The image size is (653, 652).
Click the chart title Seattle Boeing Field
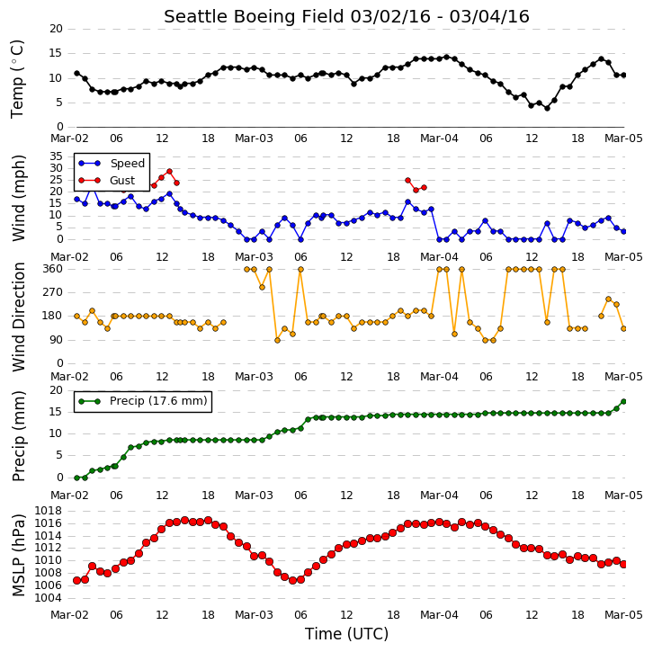tap(255, 17)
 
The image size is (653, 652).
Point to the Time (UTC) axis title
tap(346, 634)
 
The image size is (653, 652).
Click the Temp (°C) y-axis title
tap(17, 79)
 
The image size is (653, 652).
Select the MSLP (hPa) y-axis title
tap(19, 555)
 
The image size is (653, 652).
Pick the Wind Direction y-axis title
tap(19, 317)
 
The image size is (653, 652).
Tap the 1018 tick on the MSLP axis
tap(49, 511)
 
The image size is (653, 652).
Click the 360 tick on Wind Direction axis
tap(52, 269)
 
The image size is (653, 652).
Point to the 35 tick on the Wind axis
tap(57, 156)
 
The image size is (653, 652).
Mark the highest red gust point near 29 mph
tap(169, 172)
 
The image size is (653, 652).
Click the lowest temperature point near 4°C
tap(547, 108)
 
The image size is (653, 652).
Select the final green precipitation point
tap(624, 402)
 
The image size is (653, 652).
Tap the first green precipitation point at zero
tap(76, 478)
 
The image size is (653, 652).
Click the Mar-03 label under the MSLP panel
tap(254, 615)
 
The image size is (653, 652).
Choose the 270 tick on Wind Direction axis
tap(52, 292)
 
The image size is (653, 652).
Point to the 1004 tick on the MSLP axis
tap(49, 598)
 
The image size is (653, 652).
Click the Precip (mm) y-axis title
tap(19, 436)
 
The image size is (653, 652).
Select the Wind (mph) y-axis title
tap(19, 198)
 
